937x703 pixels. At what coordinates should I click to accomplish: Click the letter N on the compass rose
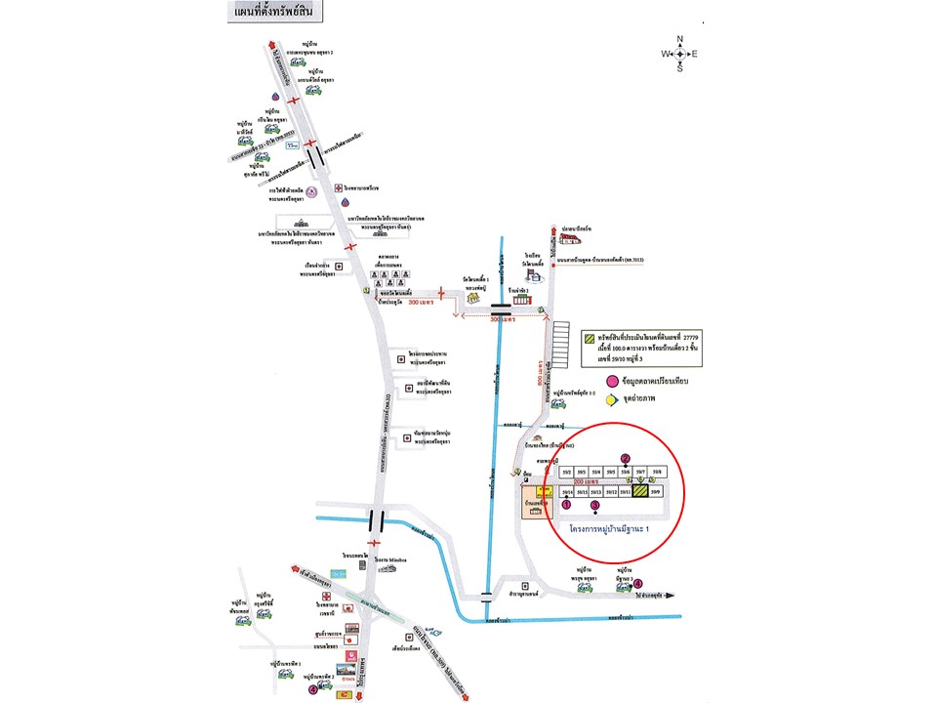tap(680, 40)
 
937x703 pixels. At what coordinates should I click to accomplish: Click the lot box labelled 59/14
tap(565, 492)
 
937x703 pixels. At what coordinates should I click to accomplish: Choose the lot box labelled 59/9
tap(656, 492)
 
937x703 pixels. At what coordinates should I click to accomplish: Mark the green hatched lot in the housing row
tap(640, 492)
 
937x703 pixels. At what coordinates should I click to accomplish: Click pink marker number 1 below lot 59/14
tap(566, 505)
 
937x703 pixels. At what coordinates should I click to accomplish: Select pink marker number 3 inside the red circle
tap(595, 505)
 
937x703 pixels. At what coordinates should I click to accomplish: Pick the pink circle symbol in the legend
tap(613, 380)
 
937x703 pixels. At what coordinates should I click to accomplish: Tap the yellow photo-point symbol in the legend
tap(612, 398)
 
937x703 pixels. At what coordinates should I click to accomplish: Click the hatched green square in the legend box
tap(590, 339)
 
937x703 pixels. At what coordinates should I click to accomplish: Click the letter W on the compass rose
tap(666, 54)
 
